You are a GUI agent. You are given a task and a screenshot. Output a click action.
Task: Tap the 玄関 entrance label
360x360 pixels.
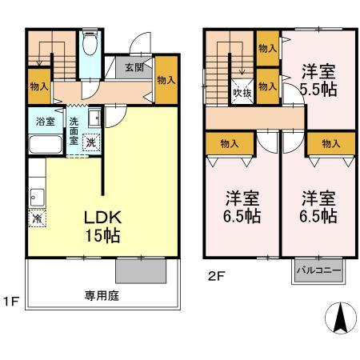134,68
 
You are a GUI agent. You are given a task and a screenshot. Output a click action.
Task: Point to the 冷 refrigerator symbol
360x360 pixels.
37,217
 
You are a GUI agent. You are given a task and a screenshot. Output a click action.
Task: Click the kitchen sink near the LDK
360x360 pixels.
37,194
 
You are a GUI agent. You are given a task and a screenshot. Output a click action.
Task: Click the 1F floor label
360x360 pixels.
9,303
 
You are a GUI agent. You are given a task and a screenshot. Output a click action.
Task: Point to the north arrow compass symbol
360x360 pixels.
340,321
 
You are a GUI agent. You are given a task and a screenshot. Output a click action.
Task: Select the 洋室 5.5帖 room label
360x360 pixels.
318,79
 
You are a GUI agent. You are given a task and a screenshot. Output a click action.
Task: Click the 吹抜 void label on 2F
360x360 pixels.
242,91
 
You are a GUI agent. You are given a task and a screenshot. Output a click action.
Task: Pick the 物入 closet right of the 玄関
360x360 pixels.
166,81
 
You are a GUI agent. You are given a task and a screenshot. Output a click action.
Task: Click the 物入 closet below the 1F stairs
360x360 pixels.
38,86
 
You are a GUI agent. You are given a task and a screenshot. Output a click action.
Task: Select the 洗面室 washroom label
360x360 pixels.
74,130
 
